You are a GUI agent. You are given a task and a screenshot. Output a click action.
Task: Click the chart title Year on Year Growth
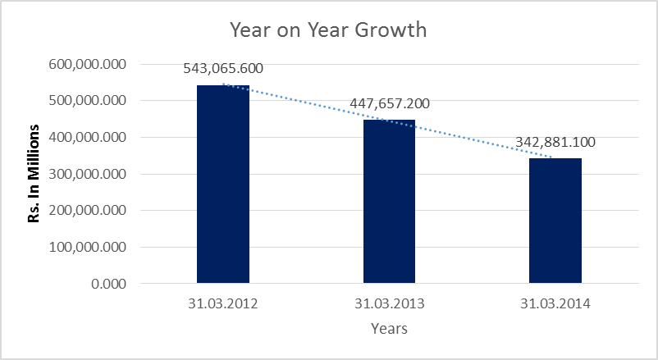[x=328, y=30]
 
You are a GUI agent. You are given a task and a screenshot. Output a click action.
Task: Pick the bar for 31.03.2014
[x=555, y=221]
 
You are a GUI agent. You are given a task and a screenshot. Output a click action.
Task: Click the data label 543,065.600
[x=223, y=68]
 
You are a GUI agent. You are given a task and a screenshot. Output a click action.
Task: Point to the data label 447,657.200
[x=389, y=103]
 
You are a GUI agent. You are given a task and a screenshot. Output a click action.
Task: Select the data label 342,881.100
[x=555, y=142]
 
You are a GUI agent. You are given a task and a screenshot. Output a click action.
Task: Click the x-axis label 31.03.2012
[x=223, y=304]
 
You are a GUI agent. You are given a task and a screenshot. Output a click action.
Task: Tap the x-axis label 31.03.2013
[x=389, y=304]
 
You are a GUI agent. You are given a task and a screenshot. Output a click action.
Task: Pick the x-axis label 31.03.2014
[x=555, y=304]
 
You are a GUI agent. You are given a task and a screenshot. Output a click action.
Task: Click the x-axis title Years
[x=389, y=330]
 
